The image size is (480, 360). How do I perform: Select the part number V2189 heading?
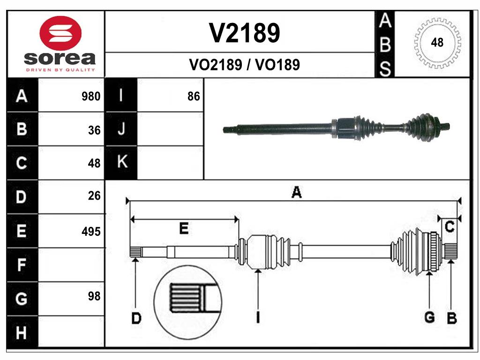click(x=244, y=33)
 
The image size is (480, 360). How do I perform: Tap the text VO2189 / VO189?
click(x=244, y=65)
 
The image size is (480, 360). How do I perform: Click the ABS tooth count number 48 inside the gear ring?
click(x=437, y=43)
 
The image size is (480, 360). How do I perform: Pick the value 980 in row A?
click(x=91, y=97)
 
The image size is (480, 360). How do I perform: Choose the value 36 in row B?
click(x=94, y=130)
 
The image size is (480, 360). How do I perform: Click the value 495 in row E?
click(x=91, y=232)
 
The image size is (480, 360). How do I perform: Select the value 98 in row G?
click(x=94, y=296)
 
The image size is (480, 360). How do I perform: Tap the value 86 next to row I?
click(x=194, y=97)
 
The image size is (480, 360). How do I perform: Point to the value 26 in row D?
click(x=94, y=196)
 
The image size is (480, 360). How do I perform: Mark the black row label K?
click(x=121, y=162)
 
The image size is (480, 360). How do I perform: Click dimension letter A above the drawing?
click(x=296, y=192)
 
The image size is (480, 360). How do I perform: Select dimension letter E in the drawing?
click(x=184, y=229)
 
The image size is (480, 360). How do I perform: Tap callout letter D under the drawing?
click(x=136, y=319)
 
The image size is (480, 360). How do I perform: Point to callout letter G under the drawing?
click(x=429, y=317)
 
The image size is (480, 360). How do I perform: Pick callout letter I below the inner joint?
click(x=258, y=317)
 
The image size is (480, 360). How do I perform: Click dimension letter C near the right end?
click(x=450, y=227)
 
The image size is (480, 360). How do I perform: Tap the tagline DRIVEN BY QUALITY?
click(x=60, y=70)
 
